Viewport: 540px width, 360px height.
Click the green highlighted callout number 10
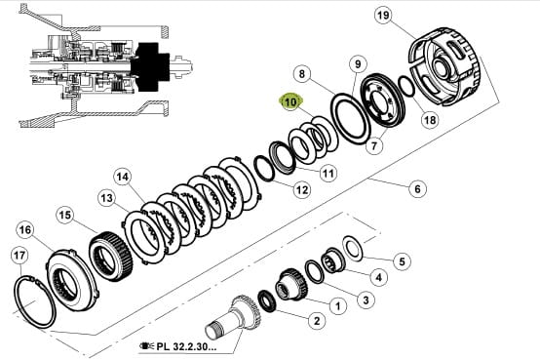click(x=291, y=102)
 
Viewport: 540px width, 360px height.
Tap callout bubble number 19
click(x=383, y=15)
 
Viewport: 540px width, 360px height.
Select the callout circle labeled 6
click(x=417, y=188)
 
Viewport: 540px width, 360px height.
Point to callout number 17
click(x=19, y=256)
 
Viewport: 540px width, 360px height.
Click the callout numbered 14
click(x=122, y=177)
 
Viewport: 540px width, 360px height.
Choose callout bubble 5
click(x=402, y=261)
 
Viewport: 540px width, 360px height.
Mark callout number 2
click(x=316, y=321)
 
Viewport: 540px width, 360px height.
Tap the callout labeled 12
click(x=302, y=189)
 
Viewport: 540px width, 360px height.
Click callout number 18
click(x=430, y=120)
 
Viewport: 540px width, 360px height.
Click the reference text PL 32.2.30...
click(x=186, y=346)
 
